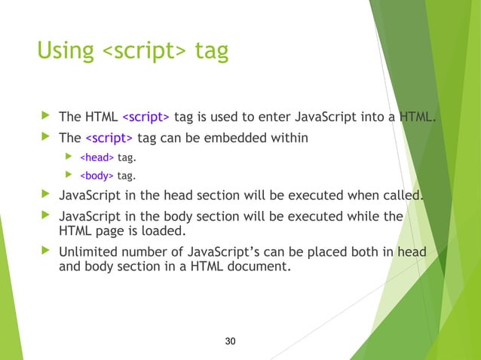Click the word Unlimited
[x=89, y=252]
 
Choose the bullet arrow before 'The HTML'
[x=45, y=117]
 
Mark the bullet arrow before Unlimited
[x=45, y=252]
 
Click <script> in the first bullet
[x=146, y=117]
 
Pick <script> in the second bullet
[x=109, y=139]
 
